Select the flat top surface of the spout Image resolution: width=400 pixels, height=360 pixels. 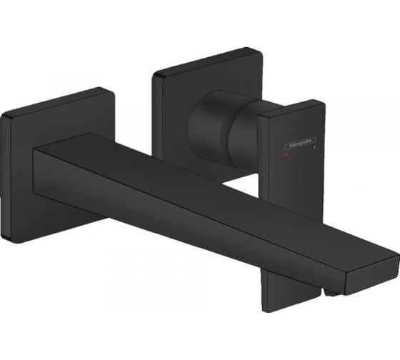tap(214, 193)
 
